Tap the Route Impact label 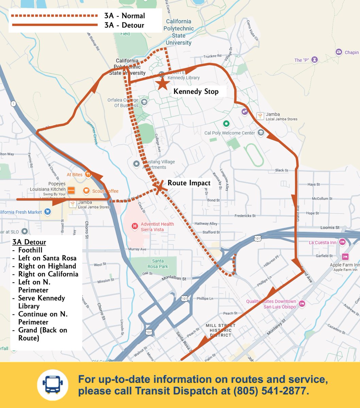[189, 183]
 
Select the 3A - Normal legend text [124, 16]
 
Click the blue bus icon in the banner [53, 385]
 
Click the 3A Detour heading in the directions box [29, 242]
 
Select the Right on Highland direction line [47, 266]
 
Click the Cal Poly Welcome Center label [229, 133]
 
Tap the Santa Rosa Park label [158, 264]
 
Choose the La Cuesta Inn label [323, 242]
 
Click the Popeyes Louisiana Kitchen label [48, 187]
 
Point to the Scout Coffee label [105, 191]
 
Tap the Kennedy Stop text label [196, 91]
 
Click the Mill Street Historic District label [218, 330]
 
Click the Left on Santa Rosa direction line [47, 258]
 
